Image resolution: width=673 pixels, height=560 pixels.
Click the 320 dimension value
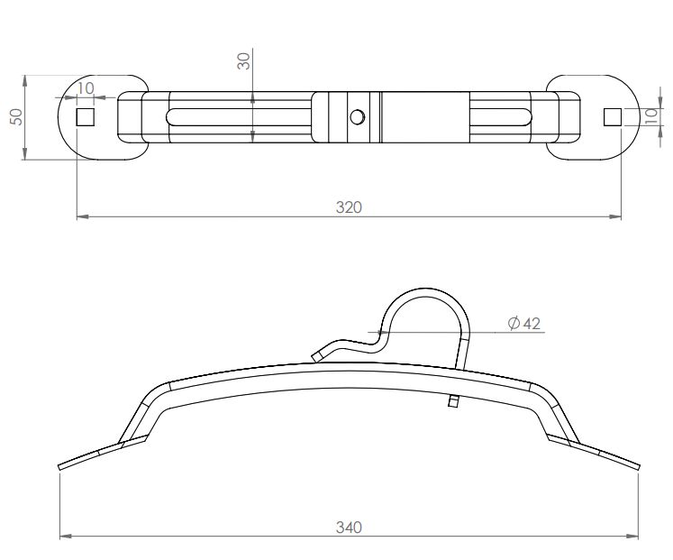pyautogui.click(x=348, y=207)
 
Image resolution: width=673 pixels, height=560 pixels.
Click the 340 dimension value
pyautogui.click(x=348, y=527)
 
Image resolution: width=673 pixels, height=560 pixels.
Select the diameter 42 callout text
pyautogui.click(x=524, y=323)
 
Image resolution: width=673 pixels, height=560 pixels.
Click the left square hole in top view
pyautogui.click(x=85, y=116)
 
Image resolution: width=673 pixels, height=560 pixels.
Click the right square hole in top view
pyautogui.click(x=612, y=115)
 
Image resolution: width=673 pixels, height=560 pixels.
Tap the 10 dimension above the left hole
pyautogui.click(x=86, y=87)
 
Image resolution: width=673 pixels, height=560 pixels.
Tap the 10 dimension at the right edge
pyautogui.click(x=652, y=115)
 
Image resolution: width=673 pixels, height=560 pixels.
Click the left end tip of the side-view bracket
pyautogui.click(x=61, y=466)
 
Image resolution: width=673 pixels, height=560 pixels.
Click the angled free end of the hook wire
pyautogui.click(x=317, y=355)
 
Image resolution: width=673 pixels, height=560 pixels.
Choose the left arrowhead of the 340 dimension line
pyautogui.click(x=63, y=537)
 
